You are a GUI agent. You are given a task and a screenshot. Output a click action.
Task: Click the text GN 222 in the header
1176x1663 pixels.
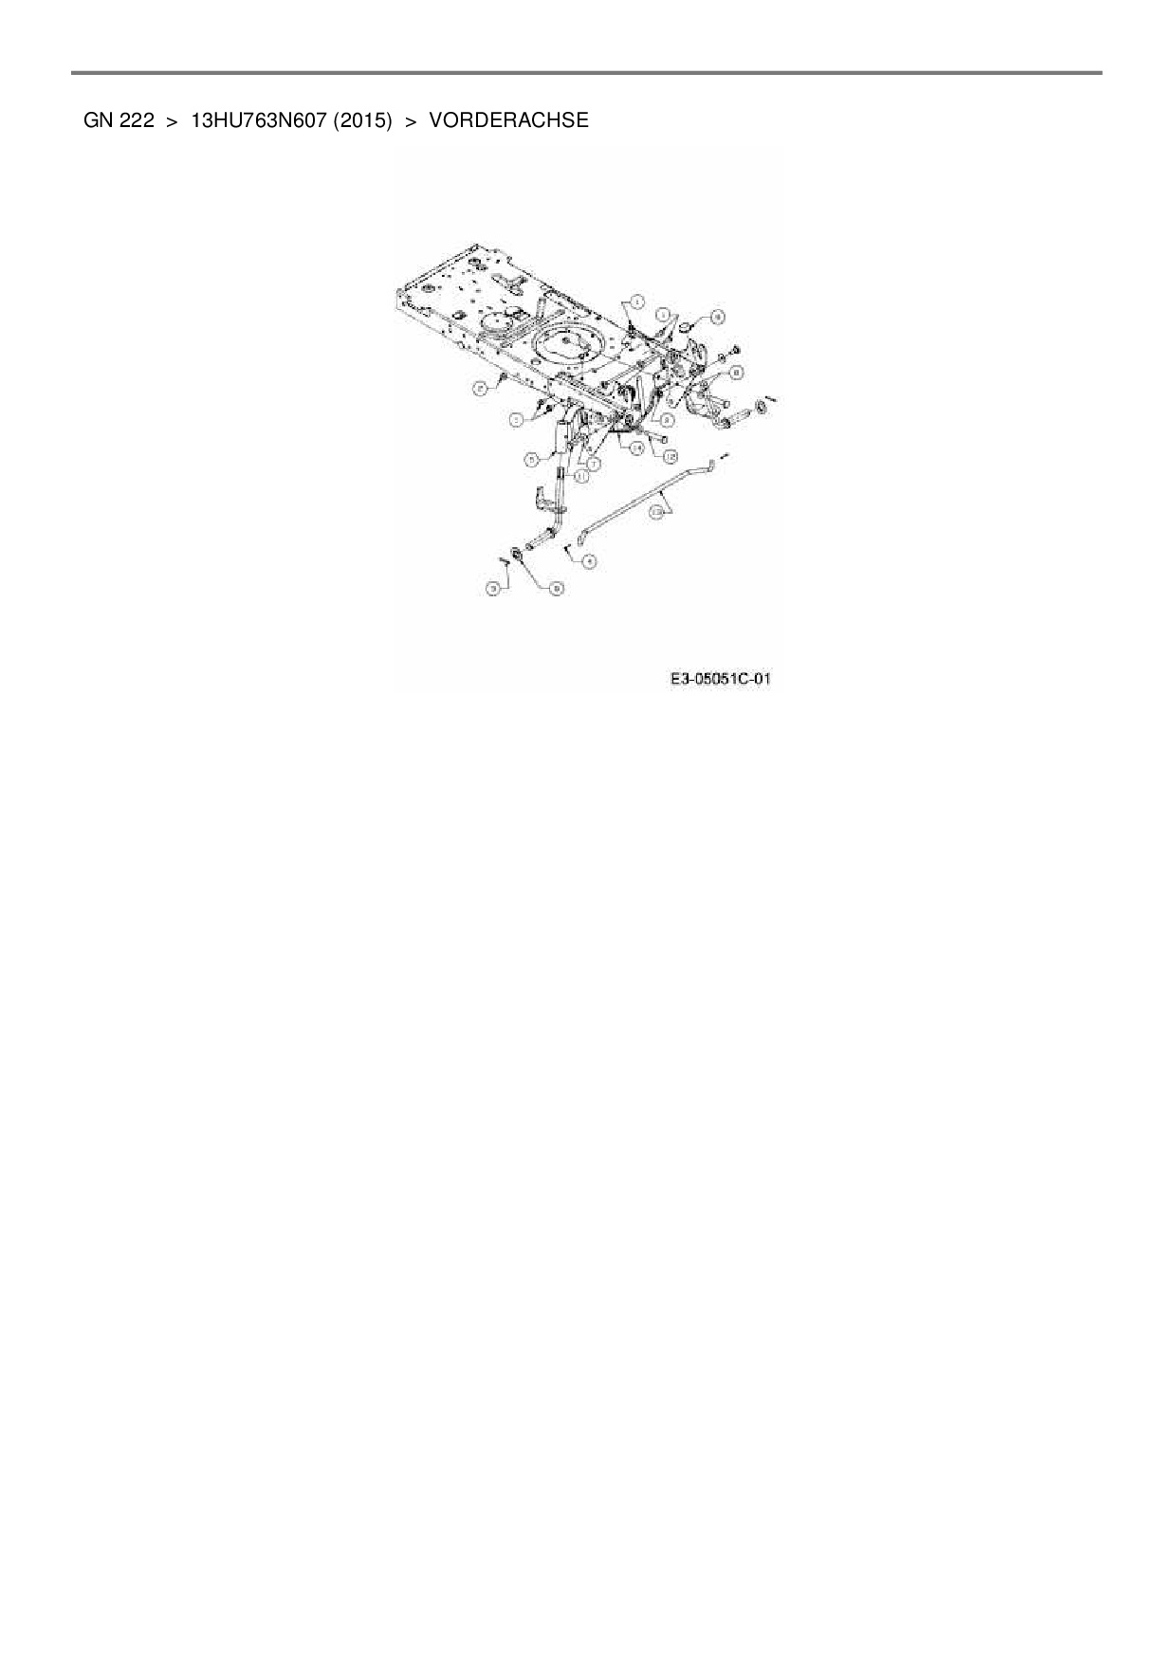click(119, 120)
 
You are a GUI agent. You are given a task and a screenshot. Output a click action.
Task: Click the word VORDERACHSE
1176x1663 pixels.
click(508, 120)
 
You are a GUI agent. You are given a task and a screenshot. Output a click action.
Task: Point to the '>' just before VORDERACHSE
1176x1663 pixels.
click(412, 120)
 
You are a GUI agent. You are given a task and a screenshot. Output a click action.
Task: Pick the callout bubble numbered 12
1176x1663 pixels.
click(671, 456)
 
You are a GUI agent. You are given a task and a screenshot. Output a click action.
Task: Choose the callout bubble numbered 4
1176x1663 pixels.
click(590, 561)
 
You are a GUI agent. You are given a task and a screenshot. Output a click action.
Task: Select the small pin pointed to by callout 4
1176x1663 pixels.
click(566, 546)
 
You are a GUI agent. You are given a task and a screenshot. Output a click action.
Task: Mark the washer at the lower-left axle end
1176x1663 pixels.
click(518, 552)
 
